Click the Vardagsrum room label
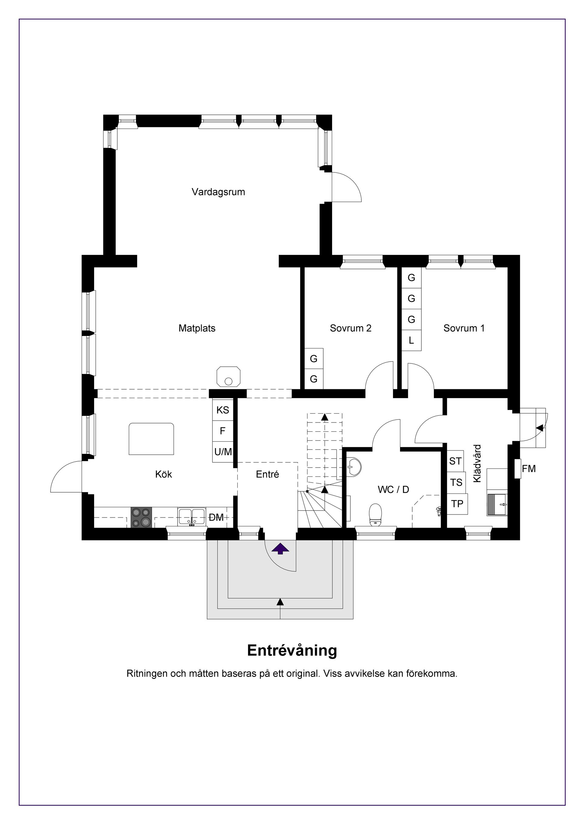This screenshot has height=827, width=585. coord(218,192)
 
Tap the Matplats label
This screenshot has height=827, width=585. coord(197,328)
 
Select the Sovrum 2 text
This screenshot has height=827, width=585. coord(350,328)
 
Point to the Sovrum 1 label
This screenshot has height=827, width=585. coord(464,328)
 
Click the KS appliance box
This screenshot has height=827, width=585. coord(223,410)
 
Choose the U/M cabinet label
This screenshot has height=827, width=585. coord(223,452)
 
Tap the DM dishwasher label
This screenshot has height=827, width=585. coord(217,518)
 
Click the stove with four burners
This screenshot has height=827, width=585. coord(141,517)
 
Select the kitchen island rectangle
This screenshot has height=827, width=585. coord(151,439)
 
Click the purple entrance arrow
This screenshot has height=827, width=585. coord(280,549)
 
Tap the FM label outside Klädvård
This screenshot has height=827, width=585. coord(528,468)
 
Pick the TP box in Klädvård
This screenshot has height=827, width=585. coord(457,504)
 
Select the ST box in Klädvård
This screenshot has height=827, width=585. coord(455,461)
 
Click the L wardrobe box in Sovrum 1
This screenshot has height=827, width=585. coord(411,340)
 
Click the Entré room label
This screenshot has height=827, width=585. coord(267,474)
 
